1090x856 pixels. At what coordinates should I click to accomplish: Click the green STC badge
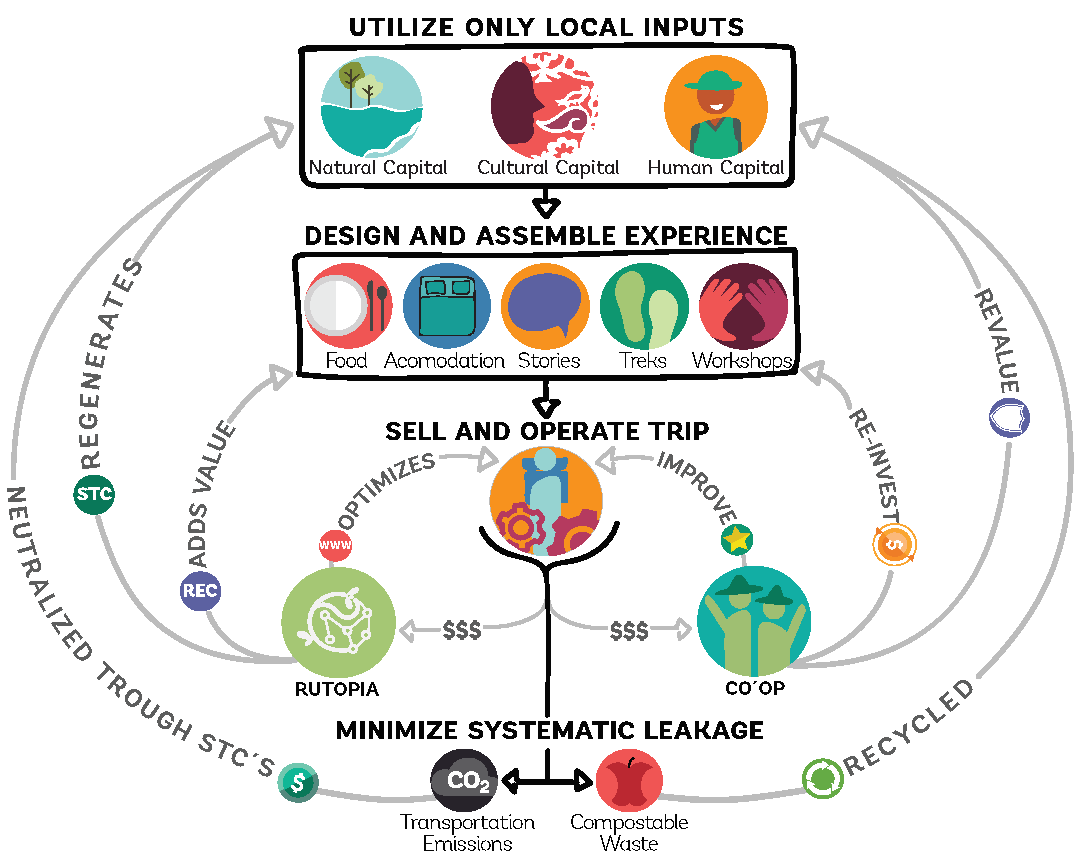(94, 494)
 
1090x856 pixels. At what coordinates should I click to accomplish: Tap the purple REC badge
(200, 591)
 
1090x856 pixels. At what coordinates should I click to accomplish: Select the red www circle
(336, 545)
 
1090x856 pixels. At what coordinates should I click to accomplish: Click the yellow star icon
(737, 540)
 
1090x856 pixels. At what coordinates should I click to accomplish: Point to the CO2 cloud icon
(464, 780)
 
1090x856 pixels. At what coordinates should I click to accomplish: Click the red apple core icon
(629, 780)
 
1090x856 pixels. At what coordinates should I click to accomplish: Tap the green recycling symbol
(823, 779)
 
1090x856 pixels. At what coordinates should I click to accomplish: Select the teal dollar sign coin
(298, 782)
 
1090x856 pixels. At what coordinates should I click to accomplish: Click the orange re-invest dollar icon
(894, 545)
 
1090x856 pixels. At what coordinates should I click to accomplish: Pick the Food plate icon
(348, 305)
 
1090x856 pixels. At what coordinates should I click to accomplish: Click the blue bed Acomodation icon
(447, 305)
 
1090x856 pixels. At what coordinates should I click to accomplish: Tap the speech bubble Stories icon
(545, 305)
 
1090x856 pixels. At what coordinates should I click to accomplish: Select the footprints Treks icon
(644, 305)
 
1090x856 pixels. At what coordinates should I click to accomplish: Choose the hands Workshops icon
(743, 305)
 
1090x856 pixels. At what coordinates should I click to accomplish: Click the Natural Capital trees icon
(372, 106)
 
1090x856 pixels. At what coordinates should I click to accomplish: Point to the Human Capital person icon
(716, 106)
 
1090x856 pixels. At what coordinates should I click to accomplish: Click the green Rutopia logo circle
(339, 622)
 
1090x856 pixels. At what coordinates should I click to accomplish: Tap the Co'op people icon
(753, 621)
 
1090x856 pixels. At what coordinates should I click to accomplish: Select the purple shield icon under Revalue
(1009, 417)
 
